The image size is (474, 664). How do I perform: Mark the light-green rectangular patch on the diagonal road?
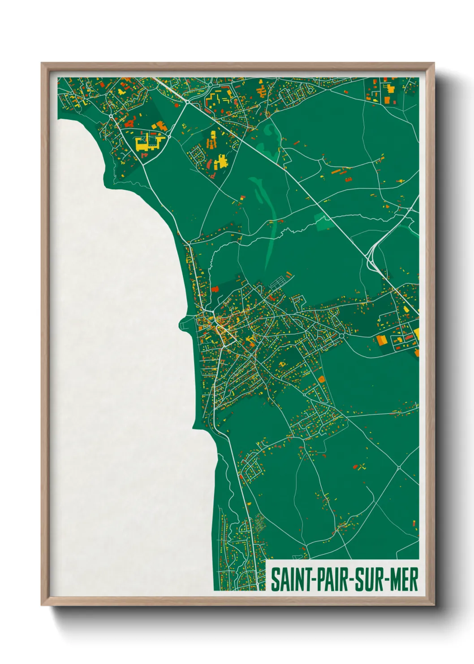click(323, 221)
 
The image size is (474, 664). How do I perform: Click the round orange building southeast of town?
click(321, 380)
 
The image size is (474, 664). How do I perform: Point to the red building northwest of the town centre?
click(215, 288)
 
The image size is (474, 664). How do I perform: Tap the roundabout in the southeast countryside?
click(398, 468)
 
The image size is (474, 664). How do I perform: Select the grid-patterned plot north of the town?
click(276, 283)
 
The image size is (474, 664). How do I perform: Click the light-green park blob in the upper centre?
click(270, 132)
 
